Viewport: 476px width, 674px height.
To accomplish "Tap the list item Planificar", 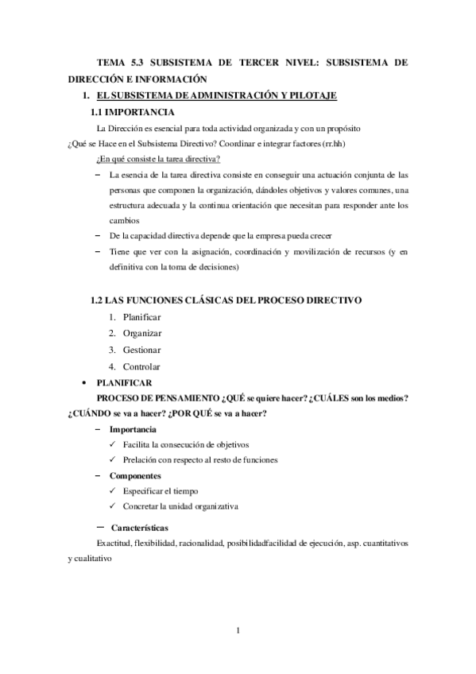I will click(x=142, y=317).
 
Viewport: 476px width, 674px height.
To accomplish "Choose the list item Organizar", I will click(x=142, y=334).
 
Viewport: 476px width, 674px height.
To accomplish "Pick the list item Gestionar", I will click(x=141, y=350).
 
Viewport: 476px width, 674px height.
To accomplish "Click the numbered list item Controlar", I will click(x=141, y=366).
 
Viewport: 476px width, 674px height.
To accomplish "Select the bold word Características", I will click(x=140, y=527).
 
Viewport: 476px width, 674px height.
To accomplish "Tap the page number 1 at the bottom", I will click(x=238, y=631).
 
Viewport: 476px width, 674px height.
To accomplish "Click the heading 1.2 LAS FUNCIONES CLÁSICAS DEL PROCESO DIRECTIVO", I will click(x=226, y=300).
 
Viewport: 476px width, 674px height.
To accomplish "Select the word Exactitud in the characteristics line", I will click(x=114, y=543).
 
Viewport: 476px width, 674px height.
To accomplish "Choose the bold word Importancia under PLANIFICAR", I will click(x=133, y=429).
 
